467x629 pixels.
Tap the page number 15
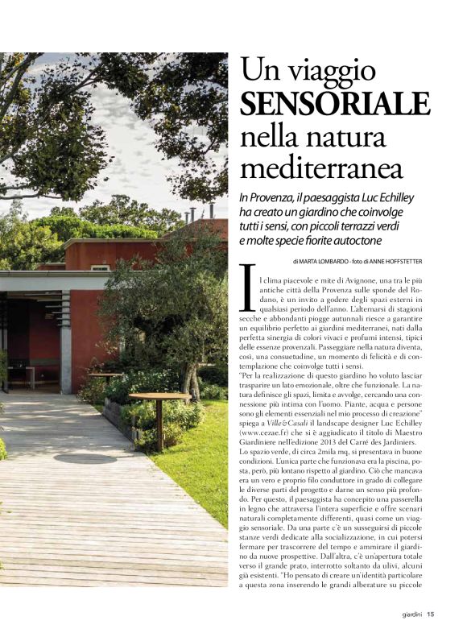pos(432,617)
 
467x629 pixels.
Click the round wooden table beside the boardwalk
pos(159,397)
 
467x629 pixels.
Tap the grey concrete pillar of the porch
pos(65,346)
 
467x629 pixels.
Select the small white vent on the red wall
pos(100,267)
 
